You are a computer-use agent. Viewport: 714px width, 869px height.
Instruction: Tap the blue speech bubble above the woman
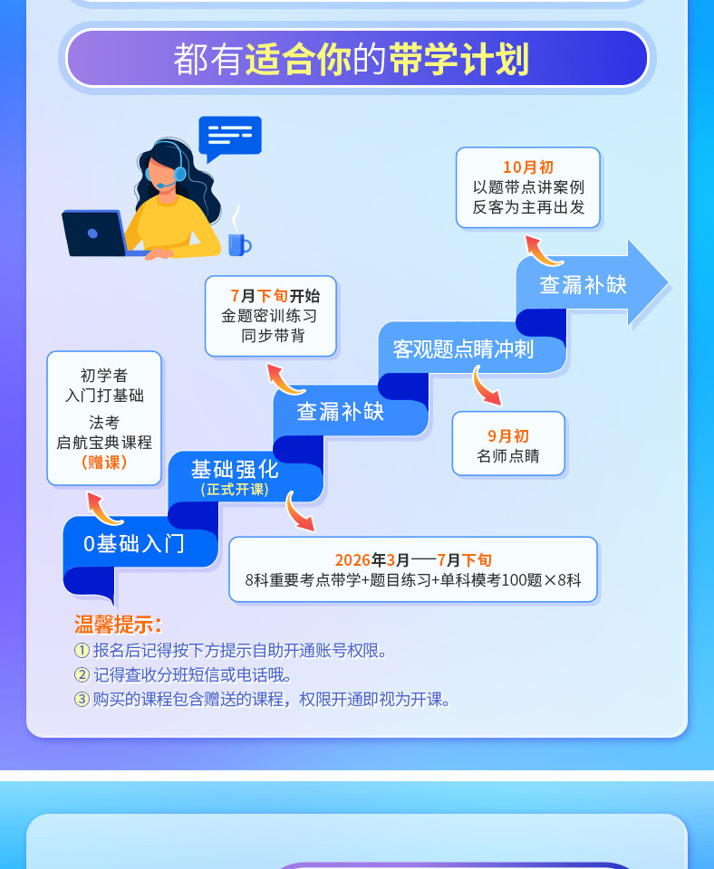click(229, 136)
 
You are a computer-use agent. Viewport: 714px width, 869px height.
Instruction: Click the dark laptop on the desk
click(93, 233)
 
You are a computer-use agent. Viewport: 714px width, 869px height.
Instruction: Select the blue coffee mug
click(237, 244)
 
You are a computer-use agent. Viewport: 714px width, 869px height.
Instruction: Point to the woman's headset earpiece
click(179, 173)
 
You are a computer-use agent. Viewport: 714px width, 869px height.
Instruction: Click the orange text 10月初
click(527, 167)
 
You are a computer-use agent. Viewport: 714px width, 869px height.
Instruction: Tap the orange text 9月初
click(507, 435)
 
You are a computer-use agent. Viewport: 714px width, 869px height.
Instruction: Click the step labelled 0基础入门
click(133, 543)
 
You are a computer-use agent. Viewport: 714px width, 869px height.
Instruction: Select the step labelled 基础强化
click(235, 469)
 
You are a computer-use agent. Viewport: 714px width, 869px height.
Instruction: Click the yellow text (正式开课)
click(235, 490)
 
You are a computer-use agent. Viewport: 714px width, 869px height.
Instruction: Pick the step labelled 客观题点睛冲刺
click(463, 349)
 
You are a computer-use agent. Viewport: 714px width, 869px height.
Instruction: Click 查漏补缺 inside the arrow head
click(583, 284)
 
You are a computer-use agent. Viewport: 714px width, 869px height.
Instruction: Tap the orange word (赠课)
click(104, 462)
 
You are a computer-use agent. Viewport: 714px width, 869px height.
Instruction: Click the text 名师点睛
click(507, 456)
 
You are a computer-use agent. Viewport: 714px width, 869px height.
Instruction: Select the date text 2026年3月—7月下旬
click(413, 559)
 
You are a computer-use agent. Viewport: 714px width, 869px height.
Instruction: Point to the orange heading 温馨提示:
click(118, 625)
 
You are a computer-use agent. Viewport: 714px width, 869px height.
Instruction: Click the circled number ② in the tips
click(82, 674)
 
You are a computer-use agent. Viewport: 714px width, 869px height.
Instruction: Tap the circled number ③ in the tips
click(82, 699)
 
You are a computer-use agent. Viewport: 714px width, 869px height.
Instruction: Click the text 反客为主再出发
click(528, 207)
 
